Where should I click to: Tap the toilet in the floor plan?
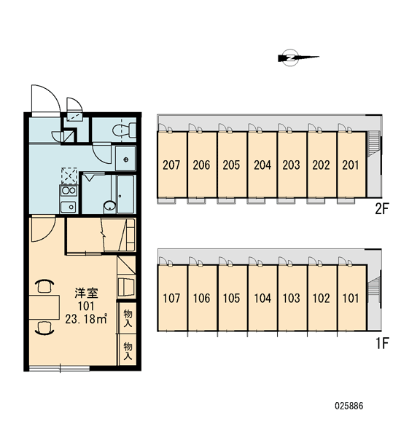124,130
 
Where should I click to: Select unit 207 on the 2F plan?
171,165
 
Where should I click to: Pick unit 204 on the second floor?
262,165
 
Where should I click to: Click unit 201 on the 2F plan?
351,165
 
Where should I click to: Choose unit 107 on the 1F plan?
171,298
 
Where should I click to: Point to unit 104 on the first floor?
262,298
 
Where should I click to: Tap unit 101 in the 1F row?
351,298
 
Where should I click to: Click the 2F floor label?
382,209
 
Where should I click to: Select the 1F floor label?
382,343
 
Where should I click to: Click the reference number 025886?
349,406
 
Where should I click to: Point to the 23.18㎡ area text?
86,319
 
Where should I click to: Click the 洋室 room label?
86,293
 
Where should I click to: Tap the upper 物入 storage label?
128,318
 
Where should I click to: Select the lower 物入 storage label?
128,351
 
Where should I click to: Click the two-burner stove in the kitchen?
69,191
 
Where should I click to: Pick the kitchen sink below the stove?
69,207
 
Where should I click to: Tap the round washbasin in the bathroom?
109,205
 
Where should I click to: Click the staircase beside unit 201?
373,143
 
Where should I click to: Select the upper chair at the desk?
44,286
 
